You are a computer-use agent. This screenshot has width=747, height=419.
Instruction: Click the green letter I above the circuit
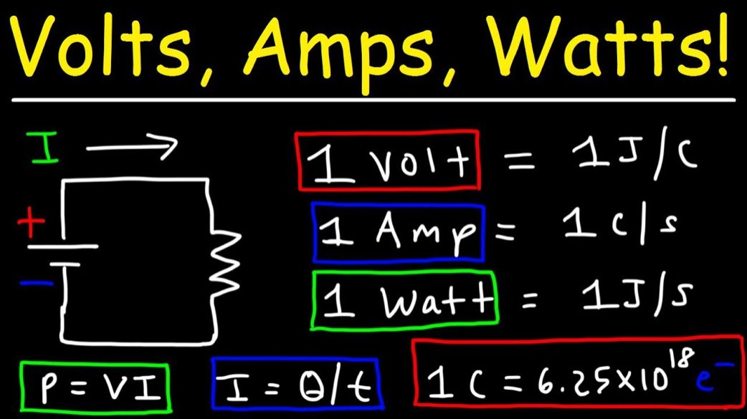coord(43,147)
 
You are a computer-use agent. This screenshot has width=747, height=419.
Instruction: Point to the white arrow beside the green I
coord(132,146)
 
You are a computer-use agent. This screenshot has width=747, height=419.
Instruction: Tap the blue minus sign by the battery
coord(36,284)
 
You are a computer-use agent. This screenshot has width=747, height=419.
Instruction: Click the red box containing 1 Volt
coord(387,160)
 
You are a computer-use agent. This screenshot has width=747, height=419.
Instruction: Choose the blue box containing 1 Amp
coord(399,232)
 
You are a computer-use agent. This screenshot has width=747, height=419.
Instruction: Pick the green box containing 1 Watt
coord(404,299)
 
